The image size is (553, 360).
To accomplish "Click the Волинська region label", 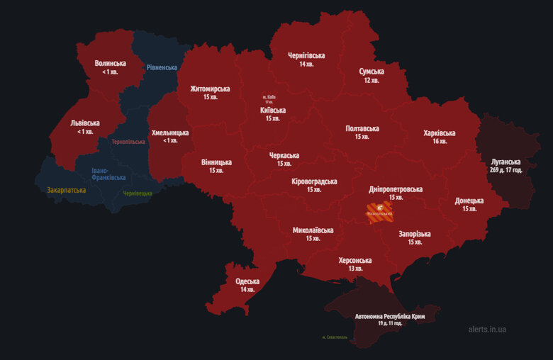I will [x=110, y=64].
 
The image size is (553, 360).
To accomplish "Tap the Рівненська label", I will [x=162, y=67].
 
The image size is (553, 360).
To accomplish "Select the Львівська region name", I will [x=85, y=123].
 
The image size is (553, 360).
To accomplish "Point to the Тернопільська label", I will [x=128, y=142].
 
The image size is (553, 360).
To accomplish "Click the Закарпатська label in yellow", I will [x=67, y=190].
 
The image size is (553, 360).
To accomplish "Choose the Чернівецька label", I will [x=138, y=193].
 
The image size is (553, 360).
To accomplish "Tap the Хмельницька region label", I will [x=170, y=133].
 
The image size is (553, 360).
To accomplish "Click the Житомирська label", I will [x=210, y=89].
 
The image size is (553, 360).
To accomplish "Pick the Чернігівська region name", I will [x=306, y=55].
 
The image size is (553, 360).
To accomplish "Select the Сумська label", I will [x=372, y=72].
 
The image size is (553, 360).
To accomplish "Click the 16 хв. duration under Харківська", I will [x=440, y=141].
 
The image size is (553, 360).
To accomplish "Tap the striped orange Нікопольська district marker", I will [x=379, y=210].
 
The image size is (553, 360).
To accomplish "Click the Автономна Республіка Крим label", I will [x=389, y=316].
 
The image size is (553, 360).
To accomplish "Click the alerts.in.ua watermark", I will [x=488, y=330].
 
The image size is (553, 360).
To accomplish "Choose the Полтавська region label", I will [x=362, y=128].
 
